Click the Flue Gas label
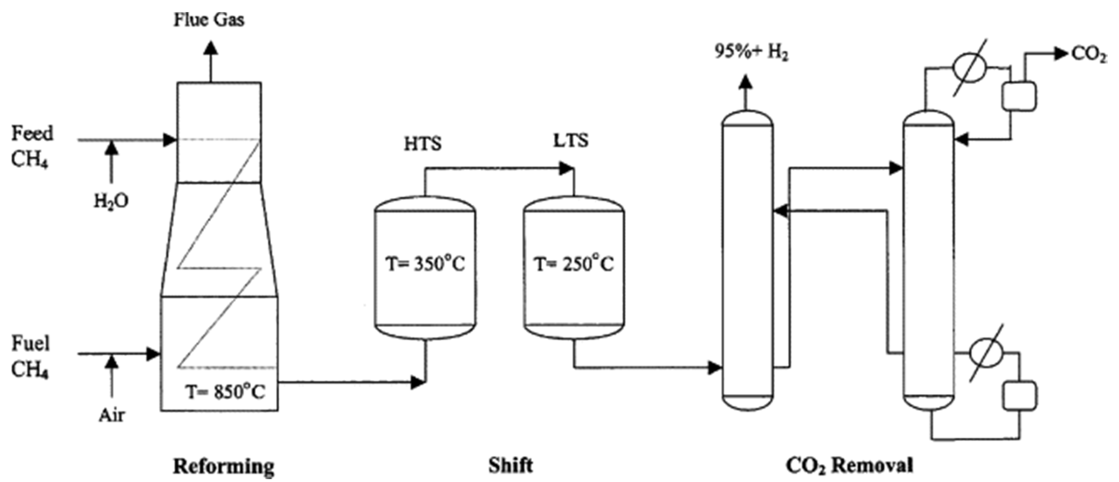(x=209, y=20)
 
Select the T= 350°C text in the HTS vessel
(x=425, y=264)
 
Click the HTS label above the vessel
(x=423, y=143)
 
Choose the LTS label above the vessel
(x=571, y=141)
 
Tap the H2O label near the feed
(x=111, y=201)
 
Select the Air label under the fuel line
(x=112, y=415)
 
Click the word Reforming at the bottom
(x=224, y=466)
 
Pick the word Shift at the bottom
(x=511, y=465)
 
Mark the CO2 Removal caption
(x=849, y=465)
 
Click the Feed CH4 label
(x=31, y=146)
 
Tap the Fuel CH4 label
(x=30, y=356)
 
